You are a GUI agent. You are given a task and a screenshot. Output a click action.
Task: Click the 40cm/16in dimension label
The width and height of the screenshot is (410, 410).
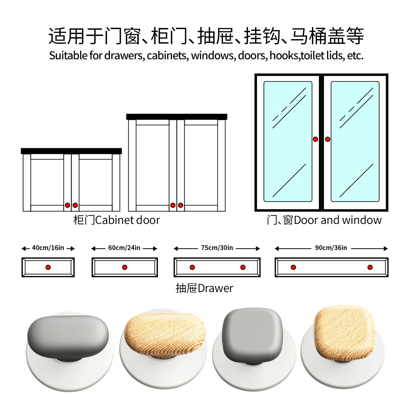pyautogui.click(x=48, y=248)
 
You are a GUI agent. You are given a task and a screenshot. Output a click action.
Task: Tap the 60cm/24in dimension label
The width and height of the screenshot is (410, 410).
pyautogui.click(x=124, y=248)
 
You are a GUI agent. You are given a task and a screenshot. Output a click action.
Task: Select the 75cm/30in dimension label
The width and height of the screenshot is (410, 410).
pyautogui.click(x=217, y=248)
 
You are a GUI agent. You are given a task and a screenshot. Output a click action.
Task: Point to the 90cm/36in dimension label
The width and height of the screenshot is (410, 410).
pyautogui.click(x=331, y=248)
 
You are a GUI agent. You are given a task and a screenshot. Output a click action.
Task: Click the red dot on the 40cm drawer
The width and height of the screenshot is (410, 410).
pyautogui.click(x=48, y=267)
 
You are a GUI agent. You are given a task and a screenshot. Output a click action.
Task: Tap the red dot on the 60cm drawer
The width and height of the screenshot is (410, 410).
pyautogui.click(x=125, y=267)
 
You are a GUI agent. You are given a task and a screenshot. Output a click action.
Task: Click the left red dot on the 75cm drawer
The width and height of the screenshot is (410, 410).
pyautogui.click(x=192, y=267)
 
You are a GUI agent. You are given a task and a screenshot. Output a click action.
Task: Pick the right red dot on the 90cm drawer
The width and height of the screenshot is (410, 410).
pyautogui.click(x=370, y=267)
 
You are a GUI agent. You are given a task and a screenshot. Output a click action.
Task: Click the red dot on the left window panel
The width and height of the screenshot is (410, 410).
pyautogui.click(x=315, y=139)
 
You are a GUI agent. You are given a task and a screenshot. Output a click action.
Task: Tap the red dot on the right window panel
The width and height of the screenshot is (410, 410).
pyautogui.click(x=328, y=139)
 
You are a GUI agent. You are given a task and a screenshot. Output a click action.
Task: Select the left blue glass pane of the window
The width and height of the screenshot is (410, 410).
pyautogui.click(x=288, y=142)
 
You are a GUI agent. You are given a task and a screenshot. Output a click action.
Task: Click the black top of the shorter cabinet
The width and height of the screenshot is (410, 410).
pyautogui.click(x=71, y=151)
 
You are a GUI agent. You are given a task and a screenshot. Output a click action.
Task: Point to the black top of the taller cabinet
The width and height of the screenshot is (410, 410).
pyautogui.click(x=177, y=117)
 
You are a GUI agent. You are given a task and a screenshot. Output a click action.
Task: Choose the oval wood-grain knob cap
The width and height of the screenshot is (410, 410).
pyautogui.click(x=165, y=333)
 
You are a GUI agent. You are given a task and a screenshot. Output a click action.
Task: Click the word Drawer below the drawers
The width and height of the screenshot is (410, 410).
pyautogui.click(x=215, y=288)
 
